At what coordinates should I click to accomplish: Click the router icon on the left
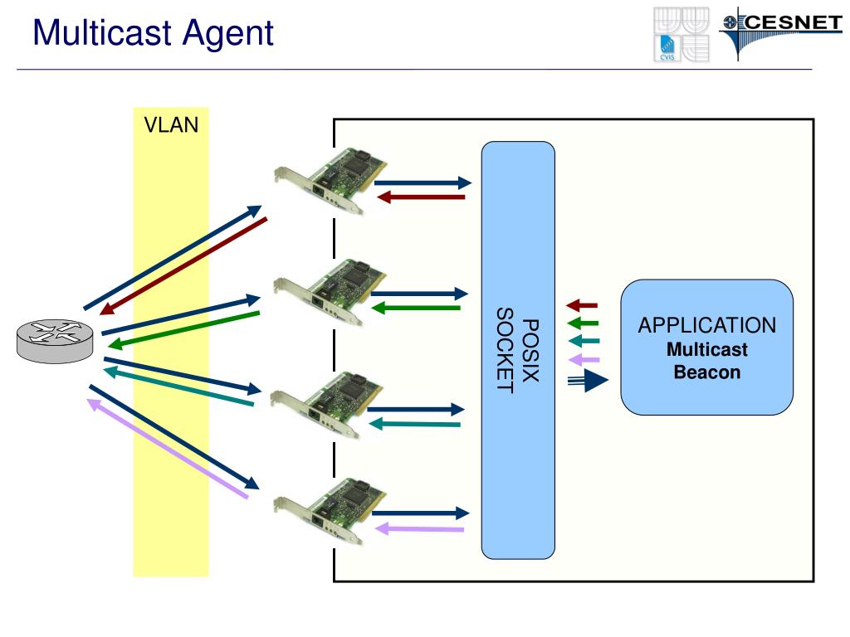coord(55,341)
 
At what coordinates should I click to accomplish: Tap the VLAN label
coord(171,125)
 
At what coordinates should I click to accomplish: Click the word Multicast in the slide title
coord(102,32)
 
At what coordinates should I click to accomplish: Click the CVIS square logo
coord(681,34)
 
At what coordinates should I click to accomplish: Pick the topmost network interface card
coord(330,180)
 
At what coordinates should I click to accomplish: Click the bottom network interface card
coord(330,511)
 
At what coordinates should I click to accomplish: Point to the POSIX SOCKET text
coord(518,350)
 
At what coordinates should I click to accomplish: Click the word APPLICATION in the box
coord(707,325)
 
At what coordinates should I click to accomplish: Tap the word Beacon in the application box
coord(707,372)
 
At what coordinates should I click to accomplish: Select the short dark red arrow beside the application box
coord(582,305)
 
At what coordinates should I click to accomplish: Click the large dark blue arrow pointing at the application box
coord(588,380)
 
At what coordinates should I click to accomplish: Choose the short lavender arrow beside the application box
coord(584,360)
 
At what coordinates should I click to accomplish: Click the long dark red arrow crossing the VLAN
coord(183,266)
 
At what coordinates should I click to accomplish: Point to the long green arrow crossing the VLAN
coord(183,330)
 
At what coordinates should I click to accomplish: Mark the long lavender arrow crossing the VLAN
coord(168,448)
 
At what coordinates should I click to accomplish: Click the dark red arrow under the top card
coord(421,197)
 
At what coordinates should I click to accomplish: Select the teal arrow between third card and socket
coord(414,424)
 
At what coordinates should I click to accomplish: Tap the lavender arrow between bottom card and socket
coord(419,528)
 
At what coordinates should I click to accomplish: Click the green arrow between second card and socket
coord(416,309)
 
